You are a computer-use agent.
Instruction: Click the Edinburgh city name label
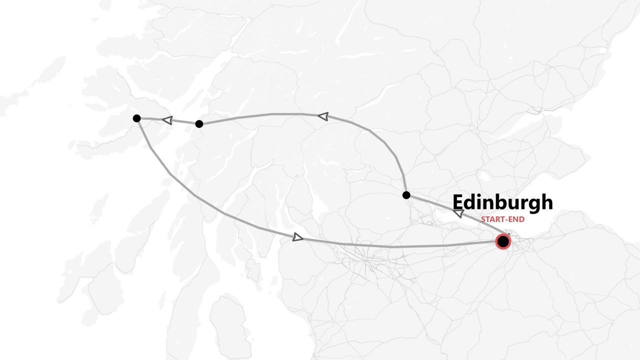502,202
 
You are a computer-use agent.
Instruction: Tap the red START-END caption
502,219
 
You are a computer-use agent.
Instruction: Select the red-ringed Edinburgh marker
503,242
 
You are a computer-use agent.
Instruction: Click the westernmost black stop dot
136,118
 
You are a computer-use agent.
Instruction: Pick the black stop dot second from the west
199,123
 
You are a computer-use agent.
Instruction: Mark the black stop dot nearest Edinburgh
406,195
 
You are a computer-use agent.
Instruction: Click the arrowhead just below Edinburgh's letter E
458,213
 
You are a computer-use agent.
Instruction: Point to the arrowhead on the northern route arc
323,116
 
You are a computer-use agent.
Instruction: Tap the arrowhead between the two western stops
167,120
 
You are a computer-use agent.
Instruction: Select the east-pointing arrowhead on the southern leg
298,237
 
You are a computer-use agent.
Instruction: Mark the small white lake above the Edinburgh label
484,177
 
